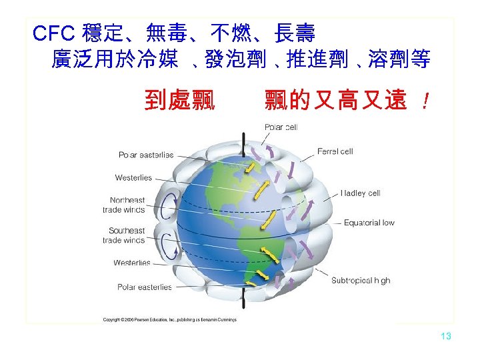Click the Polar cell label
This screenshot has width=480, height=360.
click(281, 127)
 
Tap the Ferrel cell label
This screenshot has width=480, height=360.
click(335, 151)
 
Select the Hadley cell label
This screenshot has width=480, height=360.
click(360, 193)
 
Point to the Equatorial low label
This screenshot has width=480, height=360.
click(369, 223)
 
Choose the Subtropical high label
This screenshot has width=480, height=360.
click(361, 281)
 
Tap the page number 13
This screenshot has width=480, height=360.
click(446, 336)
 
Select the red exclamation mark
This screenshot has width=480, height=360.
click(425, 102)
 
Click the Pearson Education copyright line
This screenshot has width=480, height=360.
click(179, 320)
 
